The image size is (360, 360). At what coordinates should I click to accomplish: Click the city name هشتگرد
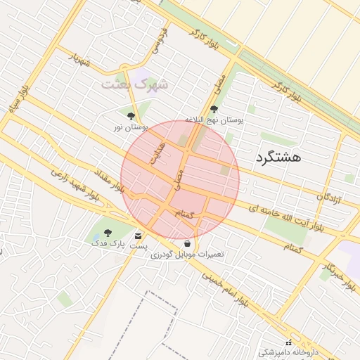[279, 157]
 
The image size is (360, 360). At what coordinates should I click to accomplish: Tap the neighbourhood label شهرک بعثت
[136, 84]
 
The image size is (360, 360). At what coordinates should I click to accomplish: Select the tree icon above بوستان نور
[131, 115]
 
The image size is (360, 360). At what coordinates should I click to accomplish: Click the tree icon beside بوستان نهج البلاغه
[214, 109]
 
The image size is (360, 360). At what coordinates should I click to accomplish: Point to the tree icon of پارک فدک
[108, 232]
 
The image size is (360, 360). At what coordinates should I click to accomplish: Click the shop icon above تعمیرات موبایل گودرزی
[186, 243]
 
